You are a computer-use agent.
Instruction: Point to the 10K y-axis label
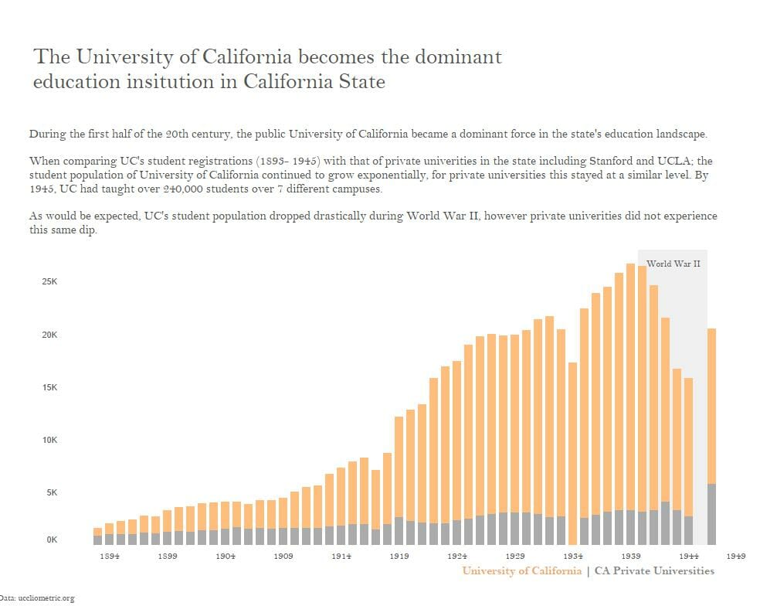tap(49, 440)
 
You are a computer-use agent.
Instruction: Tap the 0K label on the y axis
tap(51, 540)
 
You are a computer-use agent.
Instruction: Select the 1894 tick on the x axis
tap(110, 556)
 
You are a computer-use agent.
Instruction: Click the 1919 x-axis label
tap(399, 556)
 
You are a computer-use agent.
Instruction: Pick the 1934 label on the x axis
tap(572, 556)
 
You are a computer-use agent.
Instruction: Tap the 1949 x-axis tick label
tap(736, 556)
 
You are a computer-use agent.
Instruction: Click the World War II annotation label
tap(673, 264)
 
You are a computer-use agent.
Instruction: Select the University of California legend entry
tap(521, 571)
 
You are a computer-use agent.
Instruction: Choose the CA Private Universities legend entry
tap(654, 571)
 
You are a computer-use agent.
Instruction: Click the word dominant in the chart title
tap(459, 57)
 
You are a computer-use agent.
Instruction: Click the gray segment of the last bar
tap(711, 514)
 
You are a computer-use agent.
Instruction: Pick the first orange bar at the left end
tap(97, 532)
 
